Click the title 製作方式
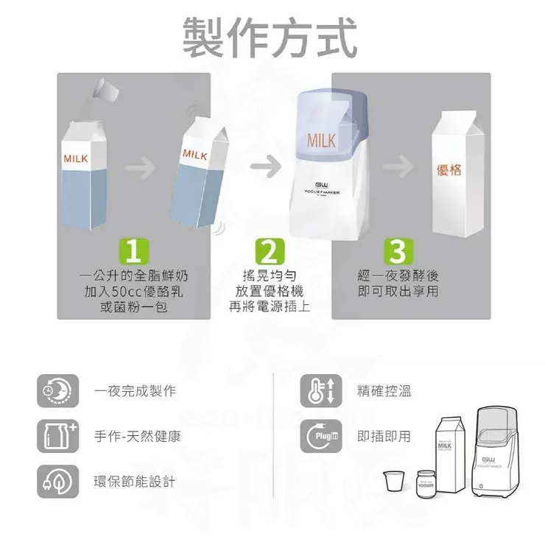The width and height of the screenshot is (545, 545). click(x=271, y=37)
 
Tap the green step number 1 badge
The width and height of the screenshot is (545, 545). click(x=133, y=253)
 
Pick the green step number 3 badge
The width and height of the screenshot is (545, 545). click(x=396, y=253)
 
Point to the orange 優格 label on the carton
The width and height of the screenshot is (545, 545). click(x=449, y=171)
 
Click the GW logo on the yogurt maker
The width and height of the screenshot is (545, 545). click(x=322, y=185)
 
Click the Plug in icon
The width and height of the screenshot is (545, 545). click(x=320, y=437)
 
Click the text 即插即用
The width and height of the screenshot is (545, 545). click(x=384, y=437)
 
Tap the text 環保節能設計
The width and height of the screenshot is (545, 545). click(x=135, y=482)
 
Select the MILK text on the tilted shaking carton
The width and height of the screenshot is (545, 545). click(x=194, y=154)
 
